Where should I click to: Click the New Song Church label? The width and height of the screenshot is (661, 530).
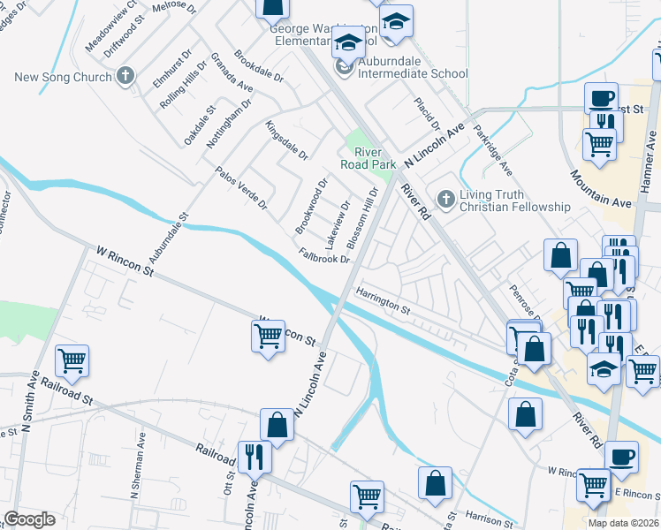point(64,77)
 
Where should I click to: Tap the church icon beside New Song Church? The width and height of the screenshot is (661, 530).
point(125,76)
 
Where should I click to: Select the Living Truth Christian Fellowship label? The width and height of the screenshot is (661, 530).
point(514,201)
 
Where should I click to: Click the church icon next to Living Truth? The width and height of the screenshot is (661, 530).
point(445,199)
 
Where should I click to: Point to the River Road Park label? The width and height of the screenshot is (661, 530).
point(368,158)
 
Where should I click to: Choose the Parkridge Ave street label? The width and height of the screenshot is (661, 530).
point(492,151)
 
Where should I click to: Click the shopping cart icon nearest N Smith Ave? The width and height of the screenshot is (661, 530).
point(72,360)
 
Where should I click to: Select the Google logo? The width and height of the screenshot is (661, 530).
point(29,519)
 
